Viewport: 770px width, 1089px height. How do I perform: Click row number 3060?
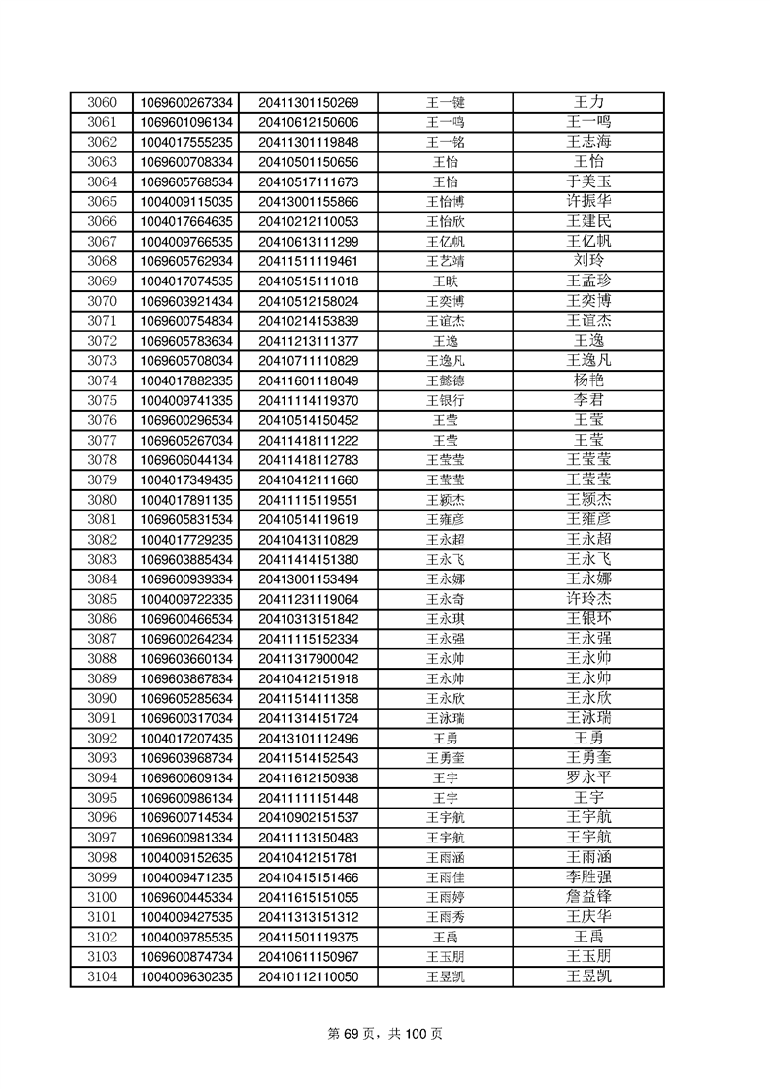tap(102, 102)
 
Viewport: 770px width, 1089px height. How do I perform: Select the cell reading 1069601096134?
tap(186, 122)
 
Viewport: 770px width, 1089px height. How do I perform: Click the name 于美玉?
tap(588, 181)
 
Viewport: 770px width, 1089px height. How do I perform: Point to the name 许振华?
tap(588, 201)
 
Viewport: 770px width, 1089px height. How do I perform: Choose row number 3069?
tap(102, 280)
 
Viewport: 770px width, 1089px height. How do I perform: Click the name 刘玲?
tap(588, 261)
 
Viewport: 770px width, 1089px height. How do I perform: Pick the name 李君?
tap(588, 400)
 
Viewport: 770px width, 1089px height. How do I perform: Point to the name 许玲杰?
tap(588, 599)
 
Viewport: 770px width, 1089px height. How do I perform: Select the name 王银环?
tap(588, 618)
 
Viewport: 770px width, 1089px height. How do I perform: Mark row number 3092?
tap(102, 738)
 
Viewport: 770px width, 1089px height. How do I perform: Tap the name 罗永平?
tap(588, 777)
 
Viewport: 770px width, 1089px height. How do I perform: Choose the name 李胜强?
tap(588, 876)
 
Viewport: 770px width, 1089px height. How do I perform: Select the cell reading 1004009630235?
tap(186, 976)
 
